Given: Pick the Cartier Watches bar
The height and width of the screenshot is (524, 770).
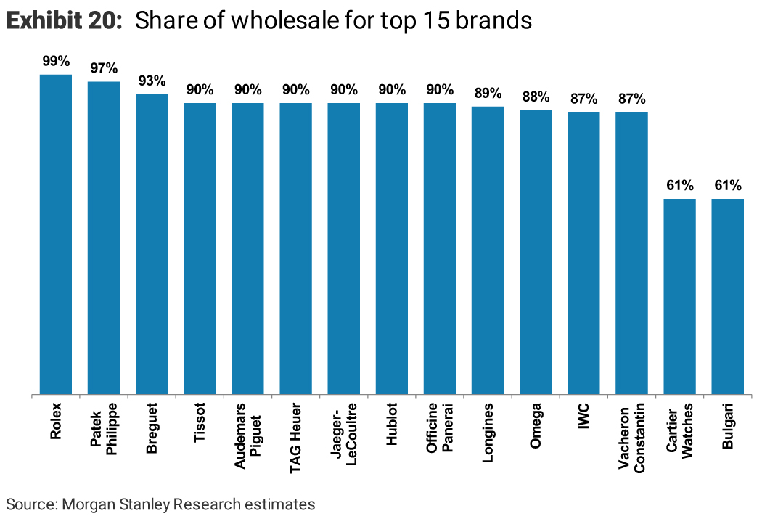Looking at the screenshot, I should [x=680, y=297].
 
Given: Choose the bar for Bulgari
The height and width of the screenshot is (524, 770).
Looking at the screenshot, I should [x=728, y=297].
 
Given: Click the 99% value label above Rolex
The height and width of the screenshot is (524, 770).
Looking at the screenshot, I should [x=56, y=62].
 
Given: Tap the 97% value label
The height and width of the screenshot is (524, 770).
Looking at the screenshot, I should [x=104, y=69].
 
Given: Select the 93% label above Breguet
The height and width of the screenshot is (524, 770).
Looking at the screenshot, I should [x=152, y=81].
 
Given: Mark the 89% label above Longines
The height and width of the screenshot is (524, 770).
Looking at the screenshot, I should [x=488, y=94].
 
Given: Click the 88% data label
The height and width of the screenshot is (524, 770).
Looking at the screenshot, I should [x=536, y=97].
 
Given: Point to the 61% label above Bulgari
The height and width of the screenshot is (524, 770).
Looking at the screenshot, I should [x=728, y=186].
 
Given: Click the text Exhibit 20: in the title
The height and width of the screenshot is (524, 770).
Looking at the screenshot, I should [x=64, y=21].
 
